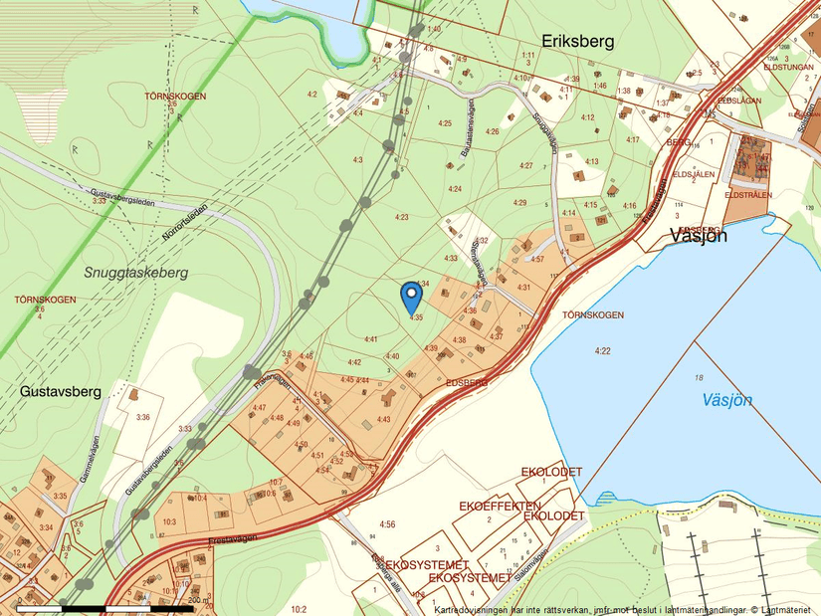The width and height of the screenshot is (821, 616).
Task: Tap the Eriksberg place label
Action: click(x=578, y=42)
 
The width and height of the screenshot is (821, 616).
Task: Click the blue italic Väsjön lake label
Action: click(x=726, y=400)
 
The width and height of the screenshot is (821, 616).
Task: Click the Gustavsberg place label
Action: click(x=60, y=392)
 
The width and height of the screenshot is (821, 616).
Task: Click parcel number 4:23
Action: click(x=402, y=216)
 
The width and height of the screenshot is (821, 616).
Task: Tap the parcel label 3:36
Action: click(x=143, y=417)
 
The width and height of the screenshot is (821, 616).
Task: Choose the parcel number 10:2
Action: click(x=298, y=608)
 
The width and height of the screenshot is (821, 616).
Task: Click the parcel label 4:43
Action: click(x=383, y=419)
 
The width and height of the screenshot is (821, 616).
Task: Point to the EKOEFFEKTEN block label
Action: click(x=499, y=506)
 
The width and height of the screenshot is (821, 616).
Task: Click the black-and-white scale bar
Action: click(x=104, y=607)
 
